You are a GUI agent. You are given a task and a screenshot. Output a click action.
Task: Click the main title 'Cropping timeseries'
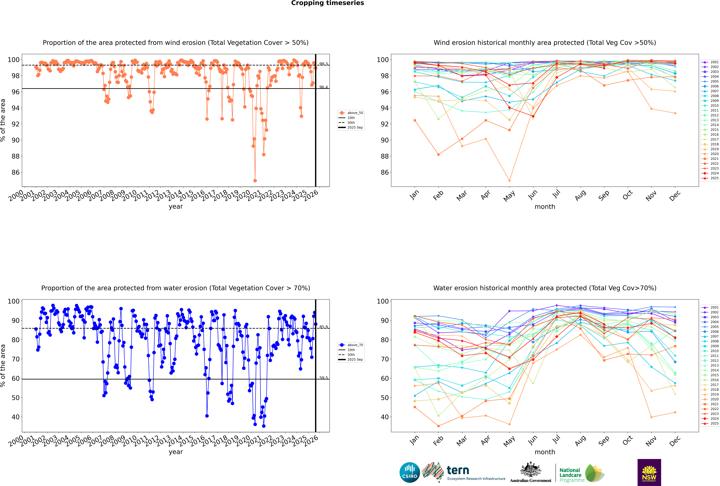tap(327, 3)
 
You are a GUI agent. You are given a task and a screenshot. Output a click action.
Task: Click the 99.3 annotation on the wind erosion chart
tap(323, 64)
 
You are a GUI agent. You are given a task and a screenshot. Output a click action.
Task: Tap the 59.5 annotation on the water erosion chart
tap(323, 378)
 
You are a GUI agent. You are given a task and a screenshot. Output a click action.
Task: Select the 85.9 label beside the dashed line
tap(323, 327)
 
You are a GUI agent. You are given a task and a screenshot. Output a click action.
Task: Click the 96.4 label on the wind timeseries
tap(323, 87)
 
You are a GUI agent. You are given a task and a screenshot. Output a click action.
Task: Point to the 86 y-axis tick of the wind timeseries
tap(15, 172)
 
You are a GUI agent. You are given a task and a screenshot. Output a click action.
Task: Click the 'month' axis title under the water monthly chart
tap(545, 452)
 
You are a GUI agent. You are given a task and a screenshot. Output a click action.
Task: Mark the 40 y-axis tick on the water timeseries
tap(15, 417)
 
